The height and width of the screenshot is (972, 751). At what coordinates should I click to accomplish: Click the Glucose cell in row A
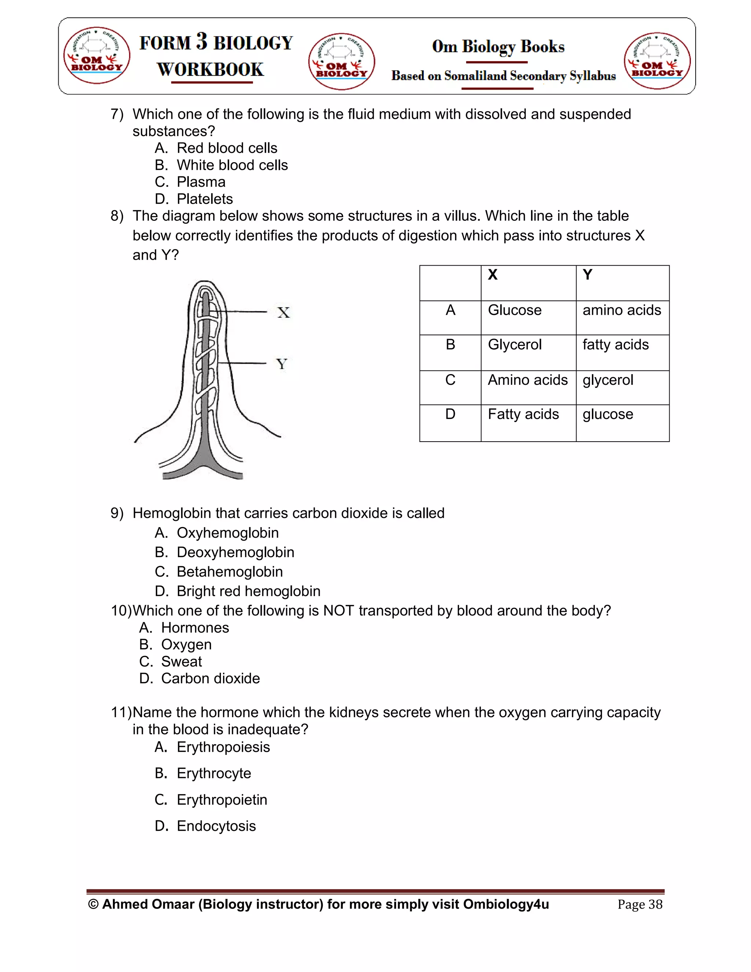(x=514, y=310)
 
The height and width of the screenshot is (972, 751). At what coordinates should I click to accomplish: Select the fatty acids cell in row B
(x=615, y=345)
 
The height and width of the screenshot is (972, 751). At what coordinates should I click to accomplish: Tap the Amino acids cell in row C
(x=528, y=380)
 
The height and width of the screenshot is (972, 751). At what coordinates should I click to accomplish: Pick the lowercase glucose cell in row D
(x=608, y=414)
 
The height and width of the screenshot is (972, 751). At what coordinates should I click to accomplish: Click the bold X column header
(x=492, y=275)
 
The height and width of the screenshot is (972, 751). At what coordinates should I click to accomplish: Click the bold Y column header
(x=587, y=275)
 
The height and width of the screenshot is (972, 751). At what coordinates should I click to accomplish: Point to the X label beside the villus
(x=283, y=313)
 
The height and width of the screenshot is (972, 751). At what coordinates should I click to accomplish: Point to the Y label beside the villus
(x=282, y=364)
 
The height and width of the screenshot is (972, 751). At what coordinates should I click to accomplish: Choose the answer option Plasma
(x=201, y=182)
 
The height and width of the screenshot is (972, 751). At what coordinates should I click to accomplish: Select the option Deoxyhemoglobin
(x=235, y=552)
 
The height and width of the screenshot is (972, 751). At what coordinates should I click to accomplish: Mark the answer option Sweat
(x=181, y=662)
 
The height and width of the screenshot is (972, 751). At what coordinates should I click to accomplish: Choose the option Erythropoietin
(x=221, y=800)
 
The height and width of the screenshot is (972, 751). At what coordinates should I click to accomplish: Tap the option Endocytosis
(x=216, y=826)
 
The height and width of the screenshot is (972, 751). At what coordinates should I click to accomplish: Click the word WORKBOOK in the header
(x=210, y=69)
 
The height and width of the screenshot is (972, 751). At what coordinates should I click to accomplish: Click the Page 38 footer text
(x=640, y=905)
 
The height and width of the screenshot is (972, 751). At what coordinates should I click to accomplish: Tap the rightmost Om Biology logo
(x=657, y=61)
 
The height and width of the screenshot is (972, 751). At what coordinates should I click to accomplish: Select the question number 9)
(x=117, y=514)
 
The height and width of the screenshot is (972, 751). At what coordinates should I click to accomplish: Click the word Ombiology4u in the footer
(x=506, y=905)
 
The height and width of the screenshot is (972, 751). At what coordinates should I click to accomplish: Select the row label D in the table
(x=450, y=414)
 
